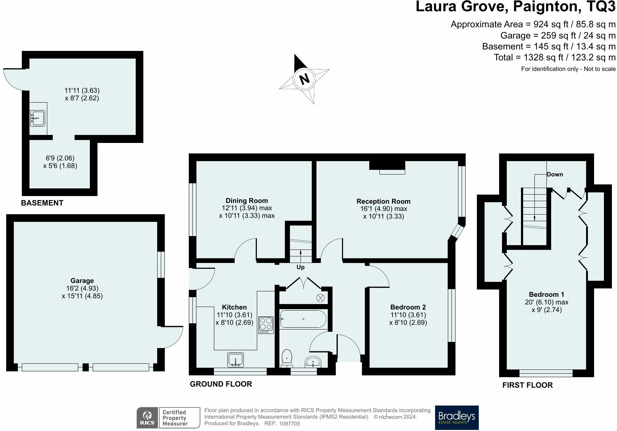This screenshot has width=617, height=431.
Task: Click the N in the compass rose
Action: coord(304,79)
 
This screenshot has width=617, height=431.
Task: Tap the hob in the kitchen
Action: coord(266,325)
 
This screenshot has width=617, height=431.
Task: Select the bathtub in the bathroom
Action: coord(303,319)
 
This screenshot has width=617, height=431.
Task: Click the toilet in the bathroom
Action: coord(287,358)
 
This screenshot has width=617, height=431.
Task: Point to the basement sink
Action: coord(38,118)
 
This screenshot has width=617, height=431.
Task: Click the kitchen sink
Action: coord(235,360)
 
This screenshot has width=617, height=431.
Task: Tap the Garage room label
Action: coord(82,281)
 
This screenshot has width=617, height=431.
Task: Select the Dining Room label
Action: coord(247,200)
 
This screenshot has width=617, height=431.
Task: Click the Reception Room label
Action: coord(383,201)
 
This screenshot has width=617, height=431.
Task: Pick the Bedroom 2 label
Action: coord(408,307)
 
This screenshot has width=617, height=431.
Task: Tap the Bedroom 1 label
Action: coord(546,294)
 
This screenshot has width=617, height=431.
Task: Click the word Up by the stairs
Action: coord(300,267)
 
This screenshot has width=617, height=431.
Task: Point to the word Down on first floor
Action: coord(555,174)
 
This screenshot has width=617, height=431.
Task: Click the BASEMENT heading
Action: coord(42,203)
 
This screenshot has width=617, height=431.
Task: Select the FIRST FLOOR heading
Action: coord(528,385)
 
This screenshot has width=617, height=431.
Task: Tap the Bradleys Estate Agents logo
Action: coord(457,418)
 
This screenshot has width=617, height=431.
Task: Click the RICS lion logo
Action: coord(147,418)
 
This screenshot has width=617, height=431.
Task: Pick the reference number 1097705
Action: coord(289,424)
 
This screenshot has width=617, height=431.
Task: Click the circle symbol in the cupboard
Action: coord(321,298)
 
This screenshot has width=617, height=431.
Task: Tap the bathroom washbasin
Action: coord(313,362)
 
